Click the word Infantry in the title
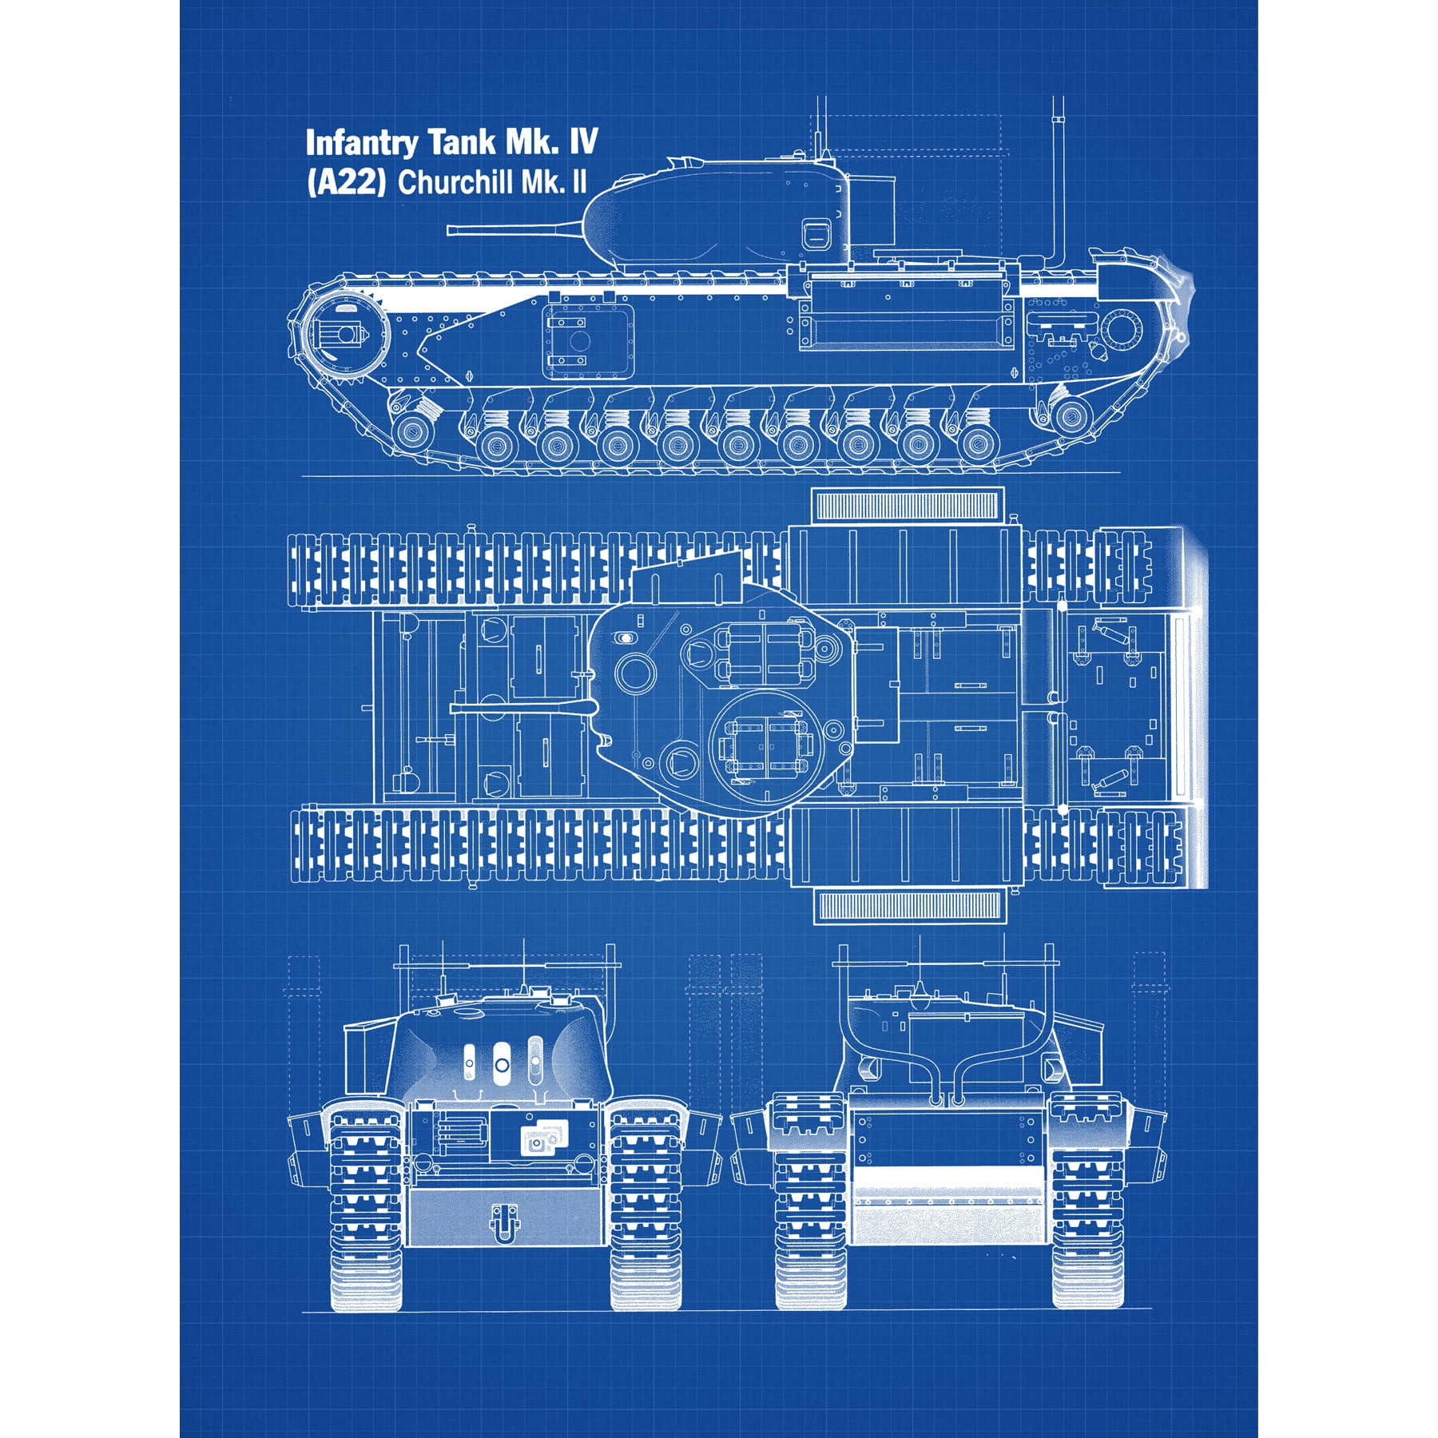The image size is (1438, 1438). (x=361, y=143)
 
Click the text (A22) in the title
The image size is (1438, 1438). (x=346, y=183)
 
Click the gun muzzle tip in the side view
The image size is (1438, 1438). (x=451, y=230)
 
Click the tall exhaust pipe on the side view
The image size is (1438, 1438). (x=1059, y=184)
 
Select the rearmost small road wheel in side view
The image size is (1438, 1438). (x=1071, y=414)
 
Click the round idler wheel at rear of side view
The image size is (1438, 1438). (x=1121, y=329)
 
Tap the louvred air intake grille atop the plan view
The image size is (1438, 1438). (x=907, y=505)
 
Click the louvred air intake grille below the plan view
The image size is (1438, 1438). (x=907, y=905)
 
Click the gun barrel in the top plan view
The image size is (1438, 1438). (x=519, y=708)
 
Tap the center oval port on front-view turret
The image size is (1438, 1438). (x=501, y=1064)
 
